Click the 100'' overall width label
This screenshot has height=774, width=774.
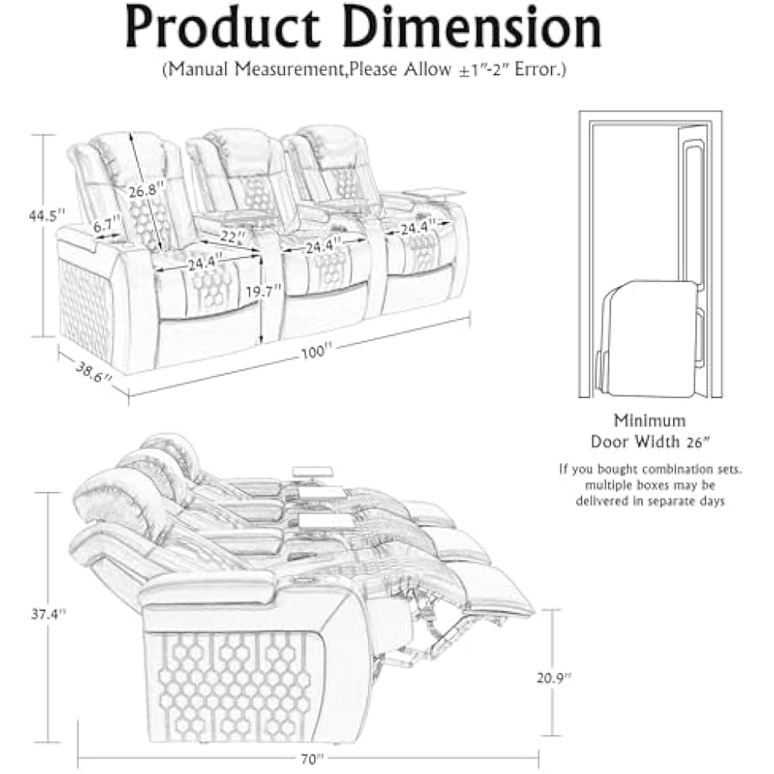[313, 351]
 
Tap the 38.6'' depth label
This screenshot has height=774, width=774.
[91, 373]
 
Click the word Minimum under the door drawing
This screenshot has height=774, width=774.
[649, 421]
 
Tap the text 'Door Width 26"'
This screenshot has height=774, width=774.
[649, 441]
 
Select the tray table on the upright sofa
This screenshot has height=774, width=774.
[437, 191]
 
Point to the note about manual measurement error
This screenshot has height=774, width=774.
[364, 70]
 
